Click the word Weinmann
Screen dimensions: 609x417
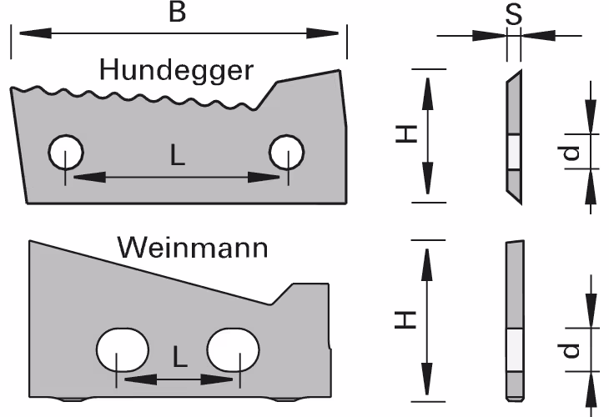(x=193, y=248)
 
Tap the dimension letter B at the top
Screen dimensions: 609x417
(x=178, y=12)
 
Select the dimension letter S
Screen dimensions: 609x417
(x=513, y=15)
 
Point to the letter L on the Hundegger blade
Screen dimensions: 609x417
(x=178, y=154)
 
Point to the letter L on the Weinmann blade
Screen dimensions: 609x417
(x=180, y=356)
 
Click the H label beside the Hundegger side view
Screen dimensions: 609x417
(x=406, y=134)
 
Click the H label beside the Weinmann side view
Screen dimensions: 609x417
(x=405, y=319)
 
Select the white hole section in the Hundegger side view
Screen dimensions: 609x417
(x=514, y=152)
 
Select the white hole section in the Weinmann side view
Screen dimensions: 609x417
(x=515, y=350)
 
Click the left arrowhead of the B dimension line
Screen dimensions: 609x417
(x=35, y=33)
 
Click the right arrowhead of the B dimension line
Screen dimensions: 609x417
(x=323, y=33)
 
